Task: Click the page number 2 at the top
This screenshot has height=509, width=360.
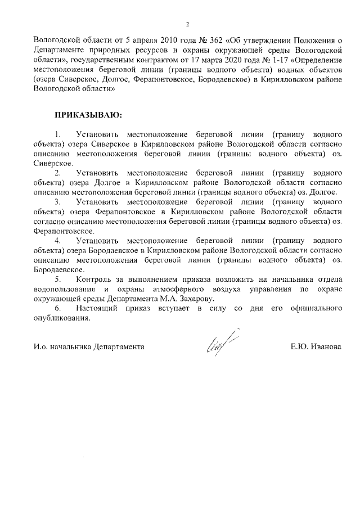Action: [188, 24]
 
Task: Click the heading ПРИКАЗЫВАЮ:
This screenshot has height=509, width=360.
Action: [88, 115]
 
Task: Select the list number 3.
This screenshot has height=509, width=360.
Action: [57, 201]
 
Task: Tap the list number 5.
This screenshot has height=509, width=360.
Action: [57, 280]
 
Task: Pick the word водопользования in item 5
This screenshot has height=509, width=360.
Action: [61, 289]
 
